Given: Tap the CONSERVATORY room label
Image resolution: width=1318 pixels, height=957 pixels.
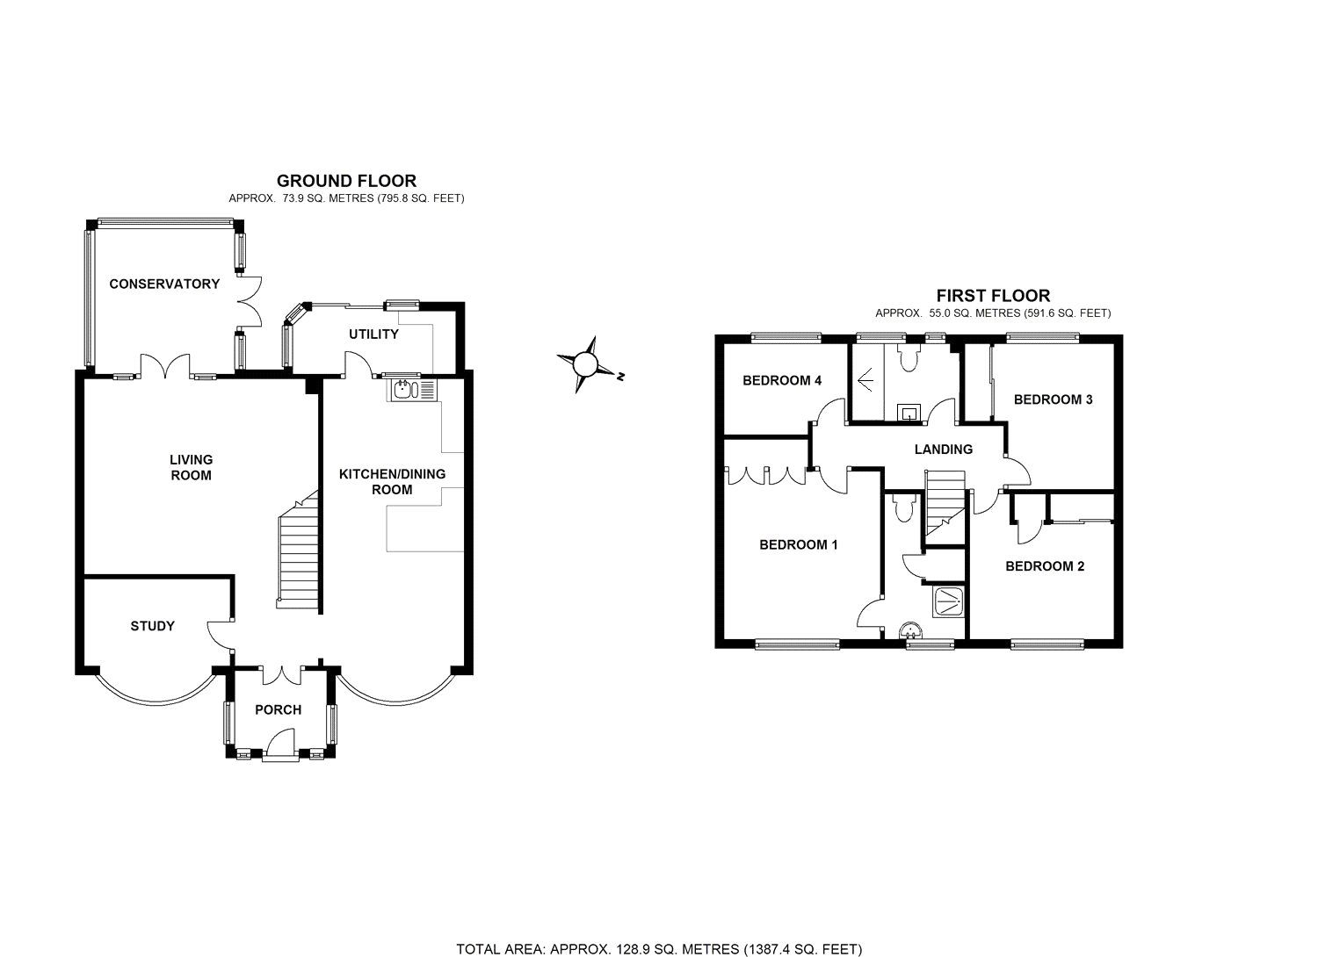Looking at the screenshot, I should coord(164,284).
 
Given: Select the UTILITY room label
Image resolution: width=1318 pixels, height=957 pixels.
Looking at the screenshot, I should coord(373,335).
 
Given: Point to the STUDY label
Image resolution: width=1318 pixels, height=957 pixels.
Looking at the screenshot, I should coord(153,626).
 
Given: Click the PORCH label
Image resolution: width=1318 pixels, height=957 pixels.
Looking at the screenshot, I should coord(279,709).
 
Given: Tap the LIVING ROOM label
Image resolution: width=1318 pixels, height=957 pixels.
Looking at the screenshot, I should coord(192,467).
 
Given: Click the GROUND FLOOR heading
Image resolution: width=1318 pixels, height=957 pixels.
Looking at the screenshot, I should coord(346,181).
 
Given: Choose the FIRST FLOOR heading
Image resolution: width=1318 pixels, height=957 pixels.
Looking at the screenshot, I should coord(993,296).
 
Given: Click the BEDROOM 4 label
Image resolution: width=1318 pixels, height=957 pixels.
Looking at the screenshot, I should coord(782,380).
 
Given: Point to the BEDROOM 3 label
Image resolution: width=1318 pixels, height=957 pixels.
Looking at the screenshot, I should coord(1053,399).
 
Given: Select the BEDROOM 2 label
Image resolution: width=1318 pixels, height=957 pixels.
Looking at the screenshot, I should coord(1045,566).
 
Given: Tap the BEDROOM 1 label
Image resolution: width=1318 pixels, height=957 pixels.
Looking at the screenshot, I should coord(798,544).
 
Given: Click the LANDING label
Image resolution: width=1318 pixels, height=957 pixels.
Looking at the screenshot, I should coord(944,449).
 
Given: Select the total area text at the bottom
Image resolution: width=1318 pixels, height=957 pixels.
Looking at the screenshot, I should coord(659,948).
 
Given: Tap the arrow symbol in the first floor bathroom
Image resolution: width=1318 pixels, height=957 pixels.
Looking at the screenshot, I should coord(865,380).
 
